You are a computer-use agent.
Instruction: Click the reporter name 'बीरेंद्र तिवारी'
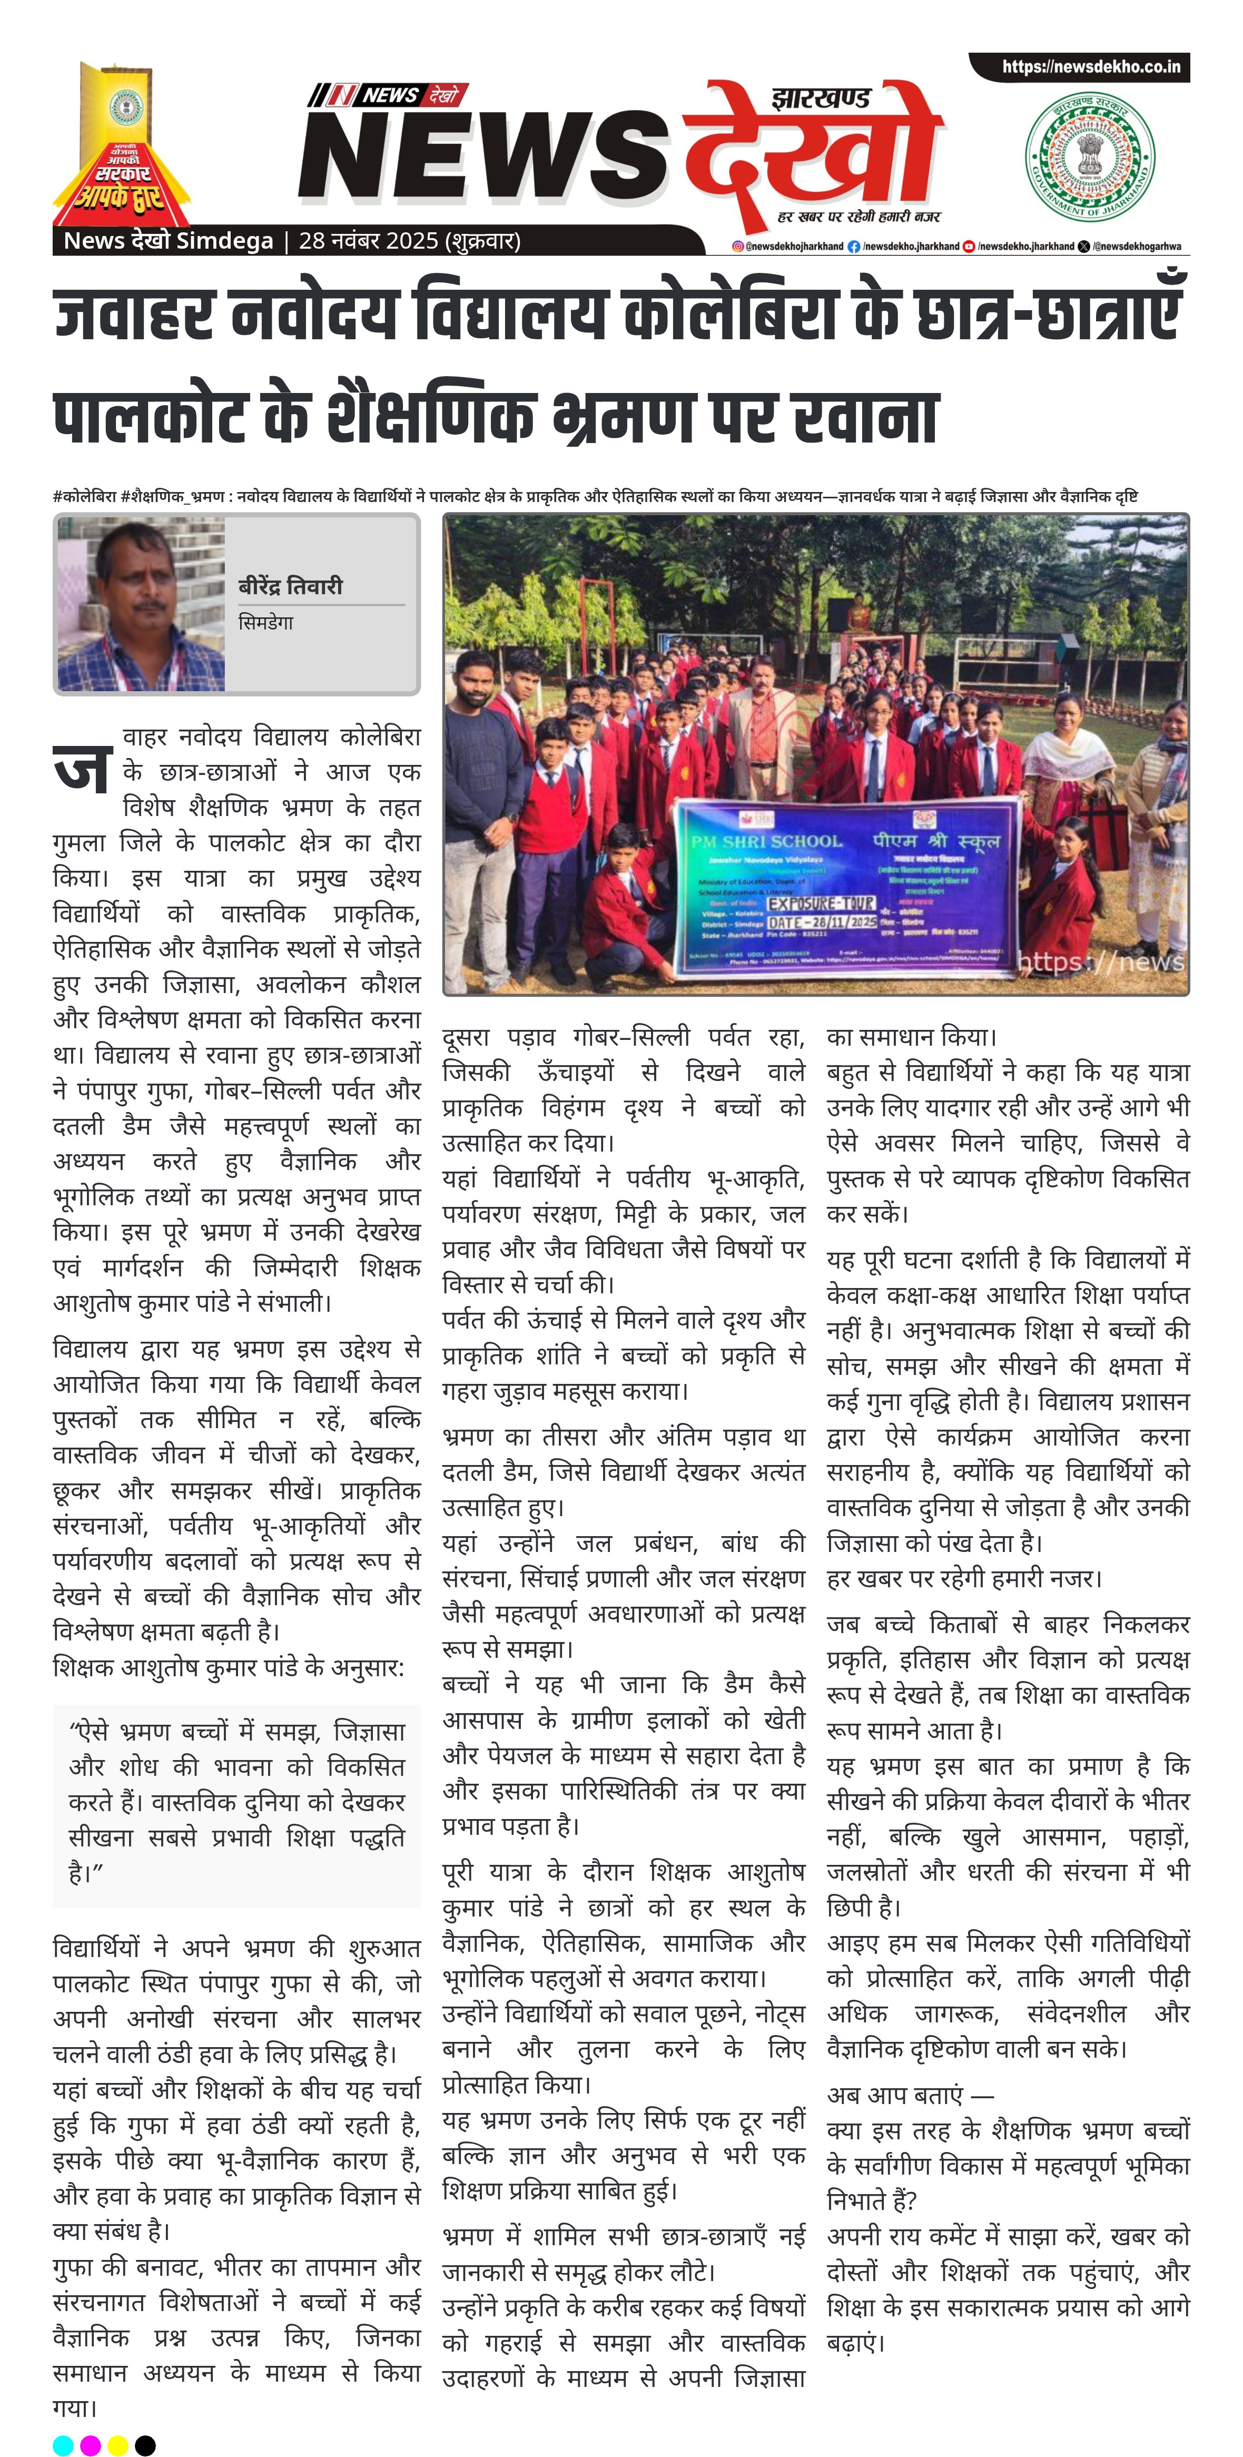pyautogui.click(x=290, y=586)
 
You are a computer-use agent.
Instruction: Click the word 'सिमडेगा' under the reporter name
pyautogui.click(x=265, y=623)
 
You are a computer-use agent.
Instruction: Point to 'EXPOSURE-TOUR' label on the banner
pyautogui.click(x=821, y=902)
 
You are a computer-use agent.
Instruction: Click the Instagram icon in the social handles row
pyautogui.click(x=737, y=246)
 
